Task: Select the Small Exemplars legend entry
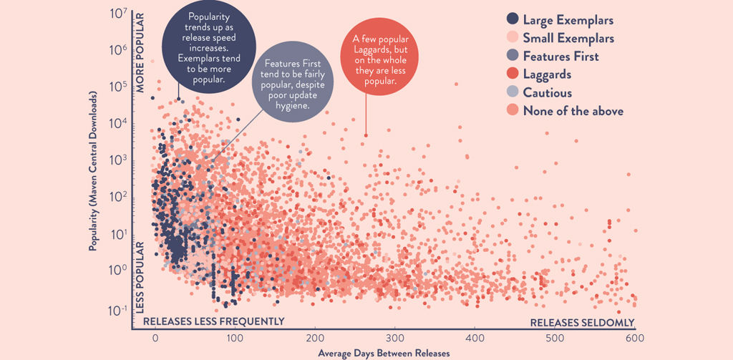click(x=568, y=38)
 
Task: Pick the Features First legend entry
click(x=560, y=57)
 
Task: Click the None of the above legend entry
click(x=573, y=111)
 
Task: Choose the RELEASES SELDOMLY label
click(x=582, y=322)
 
